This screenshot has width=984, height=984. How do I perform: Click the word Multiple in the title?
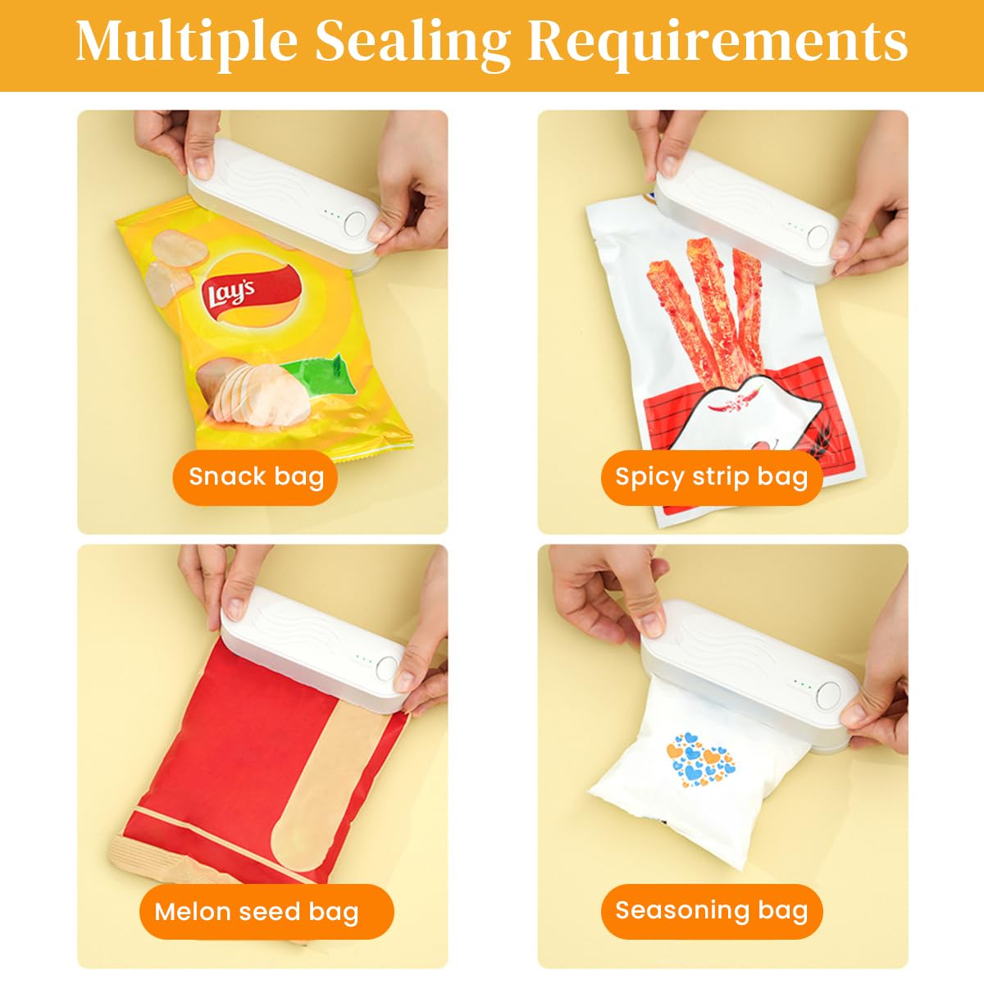click(186, 43)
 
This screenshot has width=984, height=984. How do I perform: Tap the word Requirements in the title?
click(717, 41)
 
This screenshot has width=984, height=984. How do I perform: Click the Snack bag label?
click(256, 477)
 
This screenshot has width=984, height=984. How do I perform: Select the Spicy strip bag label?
click(711, 477)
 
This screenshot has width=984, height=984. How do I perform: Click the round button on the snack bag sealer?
click(355, 224)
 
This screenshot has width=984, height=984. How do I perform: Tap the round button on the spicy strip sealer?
click(818, 238)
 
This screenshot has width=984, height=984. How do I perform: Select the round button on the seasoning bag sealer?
click(828, 695)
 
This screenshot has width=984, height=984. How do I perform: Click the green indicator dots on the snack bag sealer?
click(331, 215)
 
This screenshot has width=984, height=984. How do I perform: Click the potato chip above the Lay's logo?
click(180, 248)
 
